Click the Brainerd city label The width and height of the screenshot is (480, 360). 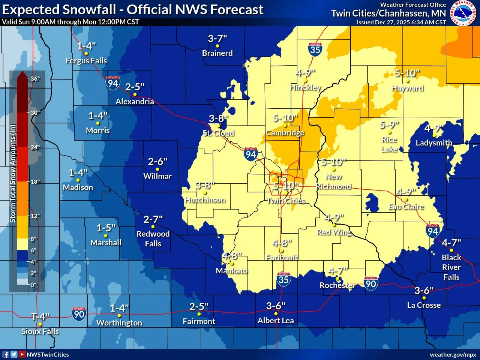coord(217,53)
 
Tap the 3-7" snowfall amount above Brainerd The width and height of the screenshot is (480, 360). coord(217,39)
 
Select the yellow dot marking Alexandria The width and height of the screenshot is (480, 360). coord(135,94)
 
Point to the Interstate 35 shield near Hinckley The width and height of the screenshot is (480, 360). coord(315,49)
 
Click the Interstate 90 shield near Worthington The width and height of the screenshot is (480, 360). coord(79,313)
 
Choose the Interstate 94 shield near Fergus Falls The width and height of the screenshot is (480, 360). coord(113,83)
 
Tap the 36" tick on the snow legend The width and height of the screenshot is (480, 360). coord(35,79)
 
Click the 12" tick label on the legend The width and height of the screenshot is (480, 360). coord(35,216)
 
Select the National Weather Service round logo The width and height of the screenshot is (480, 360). coord(463,13)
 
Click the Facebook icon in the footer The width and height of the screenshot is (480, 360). coord(6,354)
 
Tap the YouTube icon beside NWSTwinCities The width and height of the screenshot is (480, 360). coord(22,354)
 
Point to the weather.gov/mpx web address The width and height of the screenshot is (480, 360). coord(453,354)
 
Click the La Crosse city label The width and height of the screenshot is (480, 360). coord(424,305)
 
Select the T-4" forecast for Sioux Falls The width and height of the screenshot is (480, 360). coord(40,317)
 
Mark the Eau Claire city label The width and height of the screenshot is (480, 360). coord(406,207)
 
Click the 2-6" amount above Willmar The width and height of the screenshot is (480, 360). coord(157,162)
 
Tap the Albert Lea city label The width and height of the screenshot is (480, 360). coord(276,321)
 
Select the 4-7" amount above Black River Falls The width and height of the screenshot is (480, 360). coord(451,243)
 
